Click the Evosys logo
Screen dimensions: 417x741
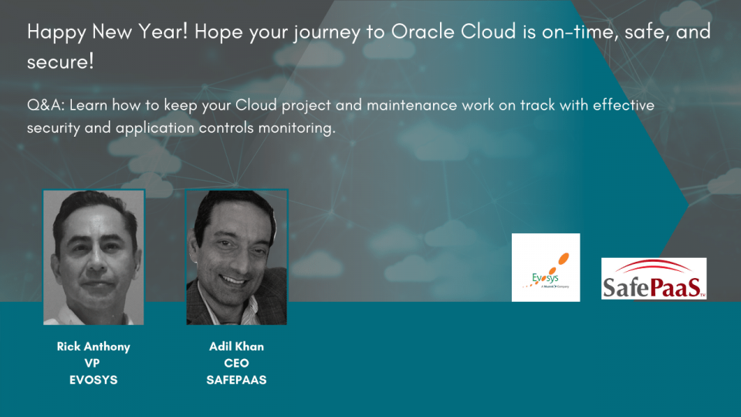pyautogui.click(x=545, y=267)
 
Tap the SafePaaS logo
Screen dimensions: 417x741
pyautogui.click(x=654, y=279)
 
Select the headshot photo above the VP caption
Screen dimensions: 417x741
pyautogui.click(x=93, y=257)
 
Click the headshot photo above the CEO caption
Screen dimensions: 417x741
pyautogui.click(x=236, y=257)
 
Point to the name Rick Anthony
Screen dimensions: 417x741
pyautogui.click(x=93, y=347)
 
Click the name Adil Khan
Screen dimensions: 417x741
pyautogui.click(x=236, y=347)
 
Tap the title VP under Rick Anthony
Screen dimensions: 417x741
pyautogui.click(x=93, y=364)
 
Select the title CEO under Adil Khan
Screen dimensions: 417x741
pyautogui.click(x=236, y=364)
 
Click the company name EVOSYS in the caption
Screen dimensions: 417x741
pyautogui.click(x=93, y=381)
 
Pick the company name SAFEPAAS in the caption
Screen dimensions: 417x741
pyautogui.click(x=236, y=381)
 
